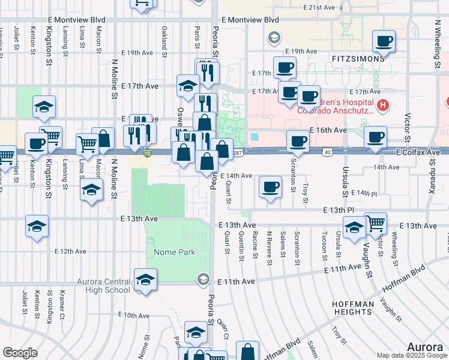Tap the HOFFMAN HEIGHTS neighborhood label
click(x=354, y=308)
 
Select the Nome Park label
click(x=174, y=252)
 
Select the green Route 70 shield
click(x=148, y=154)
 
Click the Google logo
click(x=20, y=353)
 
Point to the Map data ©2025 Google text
click(x=411, y=355)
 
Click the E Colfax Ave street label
click(x=418, y=153)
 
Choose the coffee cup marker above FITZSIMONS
click(x=384, y=42)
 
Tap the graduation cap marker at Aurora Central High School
click(x=145, y=280)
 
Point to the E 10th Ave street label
click(x=134, y=315)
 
